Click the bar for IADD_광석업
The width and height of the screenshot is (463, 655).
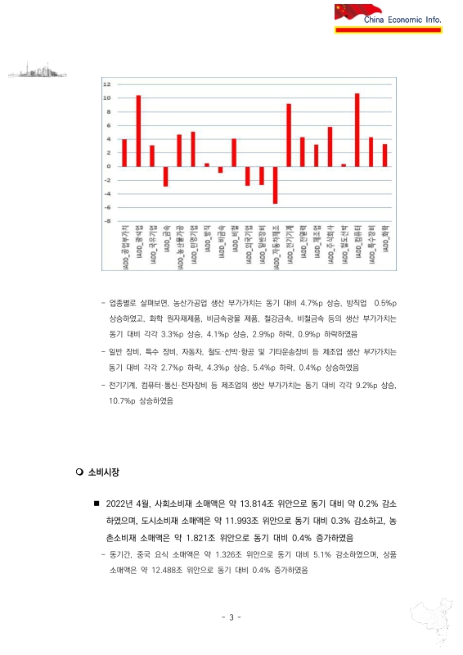pos(138,131)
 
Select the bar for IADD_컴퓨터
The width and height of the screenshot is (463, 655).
pos(357,130)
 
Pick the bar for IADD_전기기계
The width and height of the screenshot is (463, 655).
pos(289,135)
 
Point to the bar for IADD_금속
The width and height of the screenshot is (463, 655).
pos(165,176)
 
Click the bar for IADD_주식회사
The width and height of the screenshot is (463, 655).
pos(330,147)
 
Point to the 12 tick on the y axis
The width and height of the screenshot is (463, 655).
pos(107,84)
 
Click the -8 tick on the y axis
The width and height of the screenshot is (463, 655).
pos(107,221)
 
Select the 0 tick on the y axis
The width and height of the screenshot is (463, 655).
pos(109,166)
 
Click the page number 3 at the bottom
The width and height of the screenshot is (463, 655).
pos(231,617)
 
